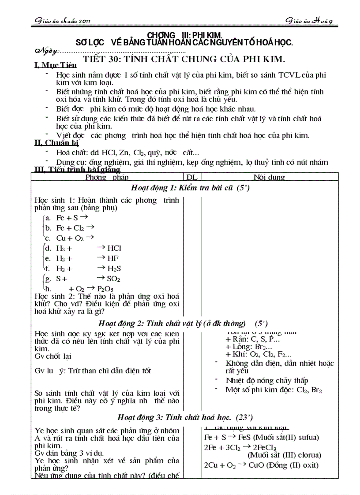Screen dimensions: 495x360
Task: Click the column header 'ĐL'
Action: pos(192,177)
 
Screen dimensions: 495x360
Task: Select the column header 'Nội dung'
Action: pos(269,177)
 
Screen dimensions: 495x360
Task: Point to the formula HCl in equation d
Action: pos(114,248)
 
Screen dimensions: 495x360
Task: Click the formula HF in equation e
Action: pos(113,258)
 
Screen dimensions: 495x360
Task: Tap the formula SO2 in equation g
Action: pos(114,279)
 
